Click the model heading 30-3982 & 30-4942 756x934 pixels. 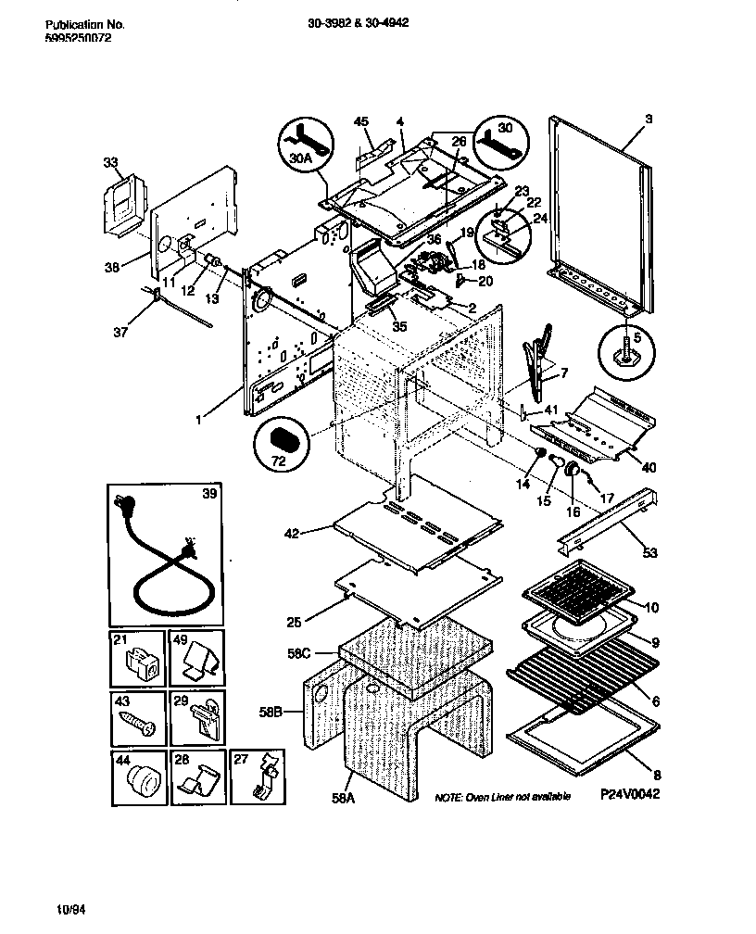359,24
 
